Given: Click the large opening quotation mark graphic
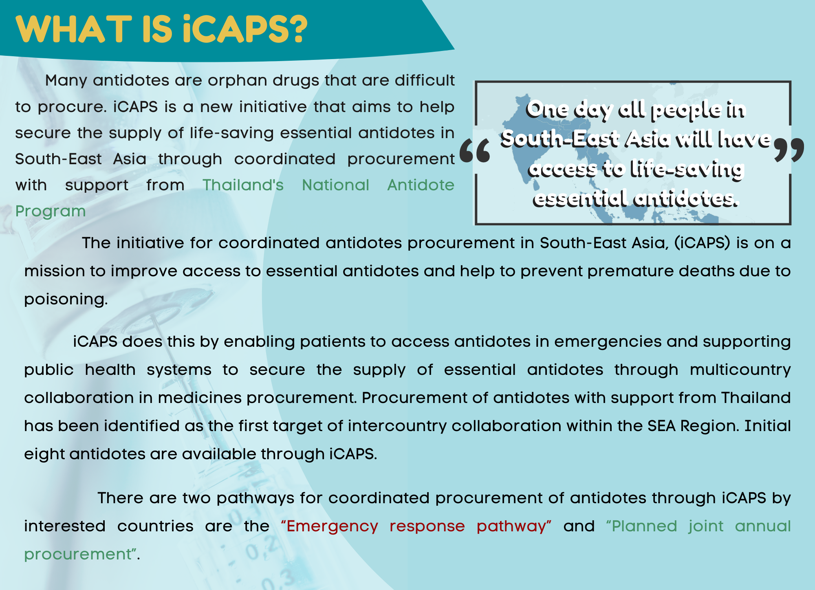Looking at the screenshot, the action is [475, 150].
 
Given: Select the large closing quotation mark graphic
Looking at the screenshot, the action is [789, 150].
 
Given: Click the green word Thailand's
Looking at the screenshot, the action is [243, 185].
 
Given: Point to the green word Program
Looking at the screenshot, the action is [51, 211].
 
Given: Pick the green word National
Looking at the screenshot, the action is [335, 185].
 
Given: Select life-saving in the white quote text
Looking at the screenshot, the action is [687, 169].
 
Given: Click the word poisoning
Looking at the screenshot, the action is [66, 299].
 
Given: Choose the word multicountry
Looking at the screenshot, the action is [740, 370].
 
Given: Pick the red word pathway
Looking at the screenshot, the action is [513, 526].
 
